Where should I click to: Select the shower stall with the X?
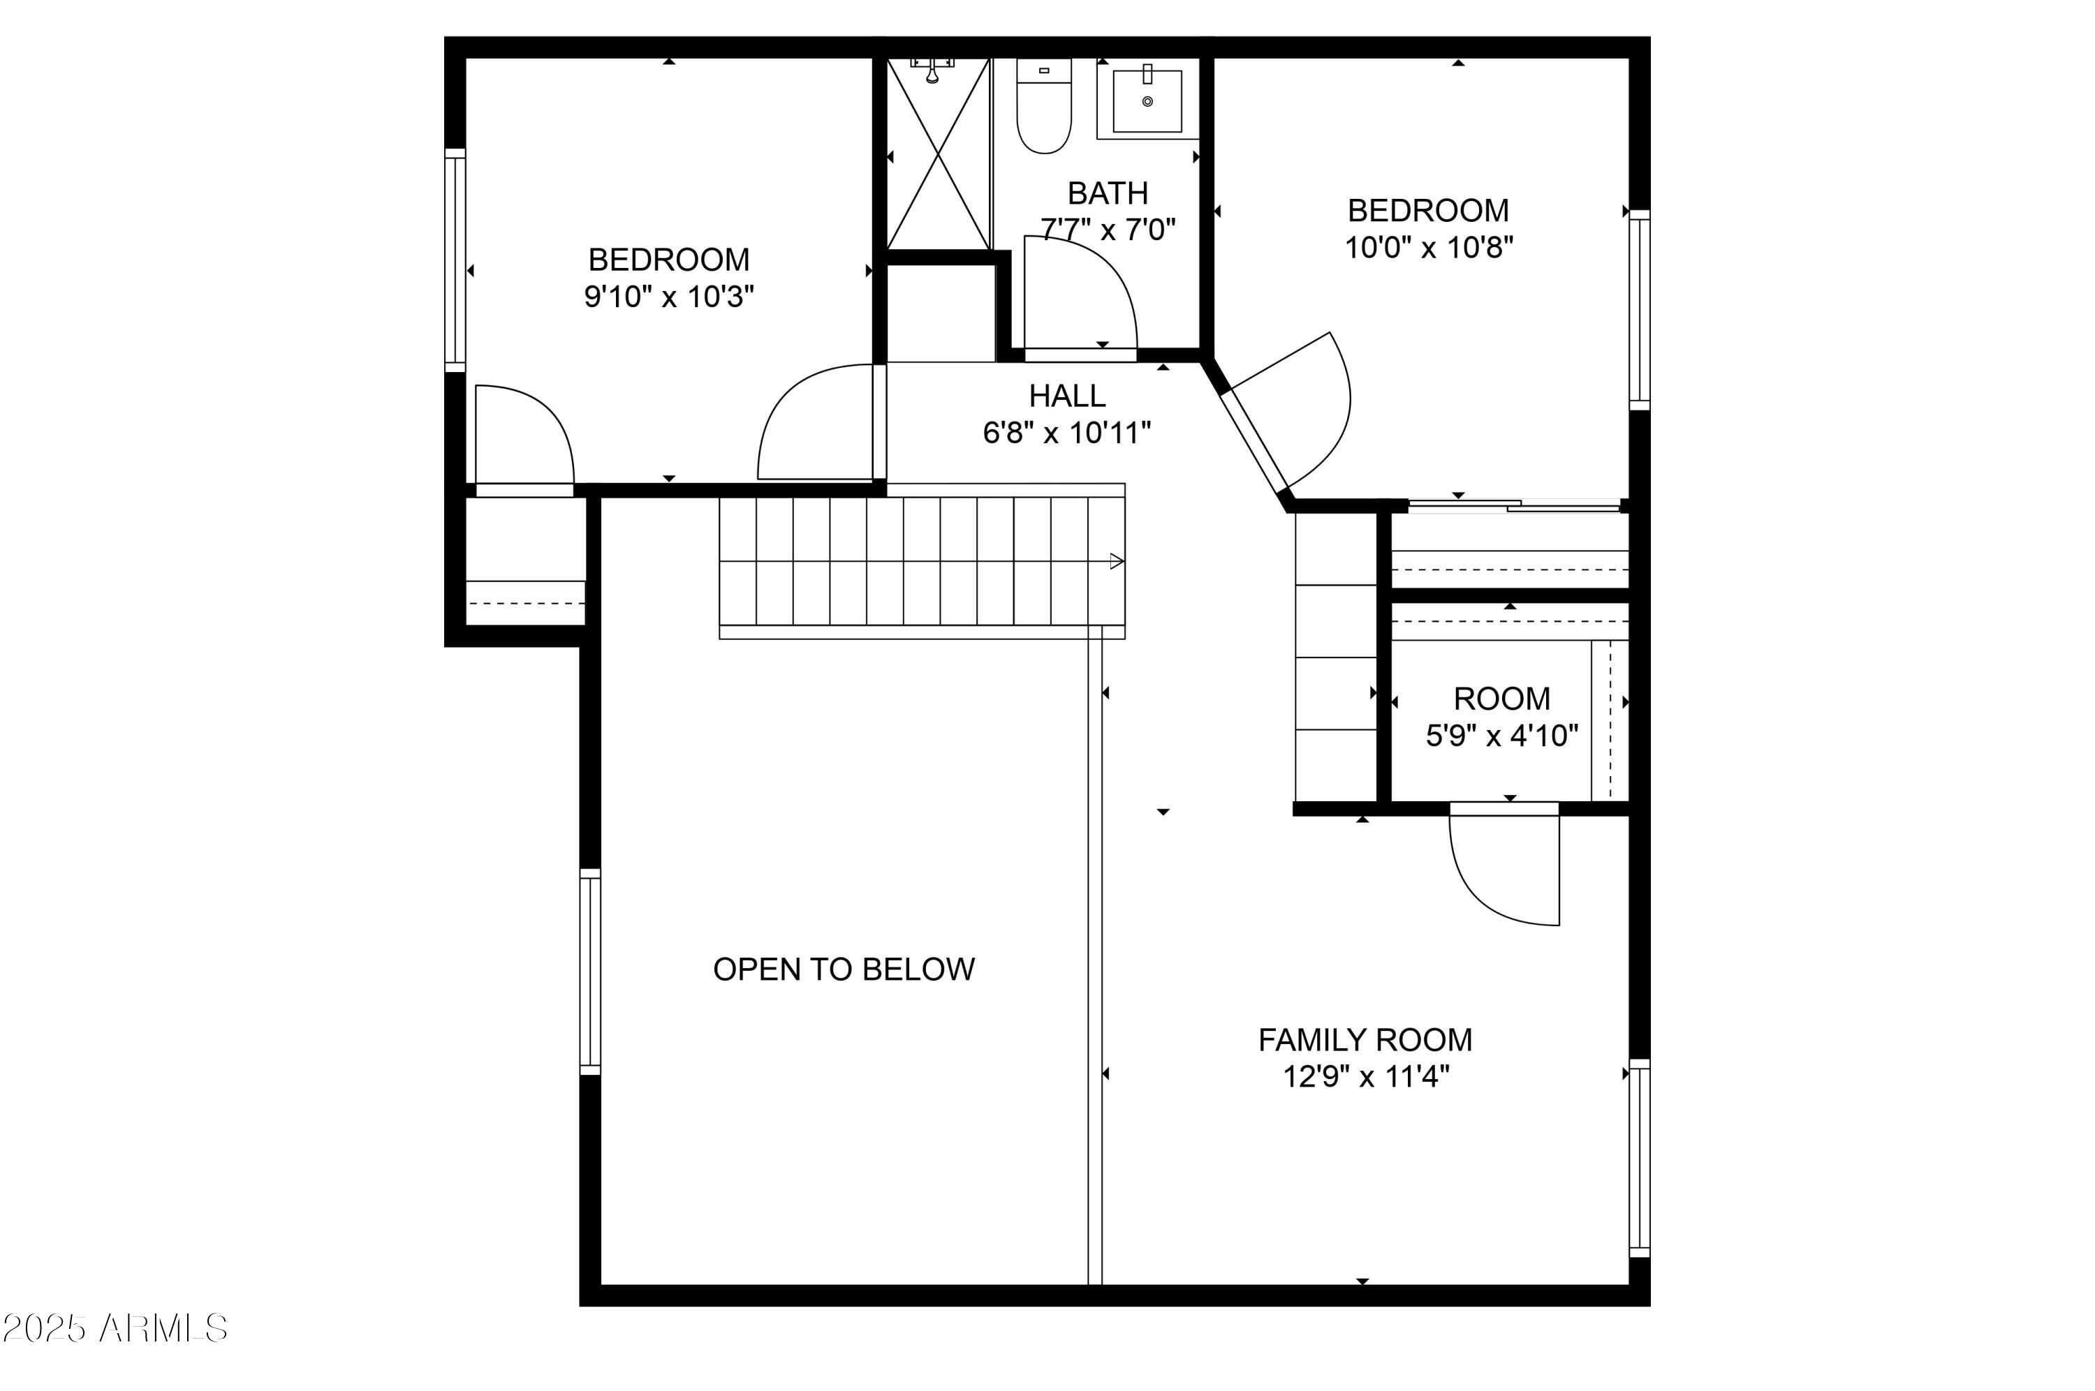click(x=938, y=154)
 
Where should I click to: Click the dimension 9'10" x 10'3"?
click(x=668, y=297)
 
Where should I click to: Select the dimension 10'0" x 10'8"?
click(x=1427, y=248)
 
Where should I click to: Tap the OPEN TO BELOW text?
click(x=843, y=969)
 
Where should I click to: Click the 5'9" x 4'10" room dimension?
click(x=1501, y=736)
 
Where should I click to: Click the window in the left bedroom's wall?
click(x=455, y=259)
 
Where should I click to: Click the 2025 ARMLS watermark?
click(x=115, y=1328)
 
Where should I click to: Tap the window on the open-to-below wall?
click(x=589, y=972)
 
